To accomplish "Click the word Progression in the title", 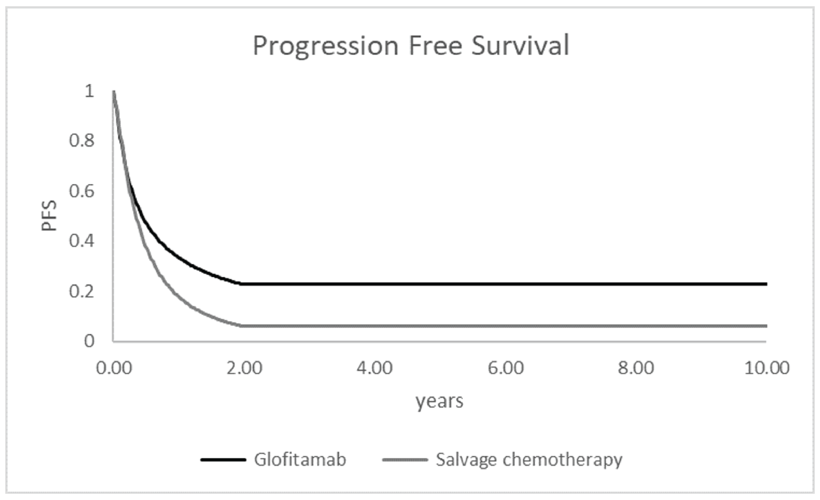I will pyautogui.click(x=325, y=46).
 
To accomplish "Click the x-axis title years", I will pyautogui.click(x=439, y=401).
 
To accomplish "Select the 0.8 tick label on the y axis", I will pyautogui.click(x=82, y=141).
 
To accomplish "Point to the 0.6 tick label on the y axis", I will pyautogui.click(x=82, y=191).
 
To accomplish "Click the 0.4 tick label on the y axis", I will pyautogui.click(x=82, y=241).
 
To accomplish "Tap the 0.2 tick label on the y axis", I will pyautogui.click(x=82, y=291).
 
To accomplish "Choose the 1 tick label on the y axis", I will pyautogui.click(x=89, y=91).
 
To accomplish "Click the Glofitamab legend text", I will pyautogui.click(x=300, y=460).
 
